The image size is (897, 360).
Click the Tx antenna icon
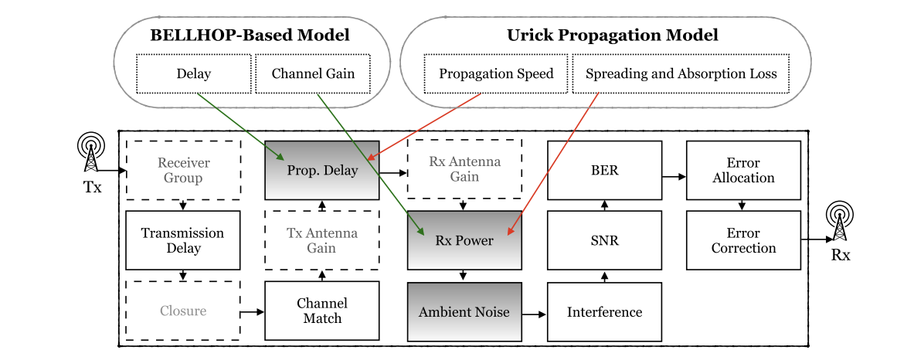coord(91,154)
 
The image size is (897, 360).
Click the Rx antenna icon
coord(841,222)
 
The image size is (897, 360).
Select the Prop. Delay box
coord(321,170)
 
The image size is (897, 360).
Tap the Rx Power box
coord(464,240)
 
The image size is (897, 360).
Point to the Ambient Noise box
coord(464,311)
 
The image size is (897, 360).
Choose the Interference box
coord(604,311)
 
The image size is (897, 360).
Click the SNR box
coord(604,240)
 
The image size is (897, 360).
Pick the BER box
coord(604,170)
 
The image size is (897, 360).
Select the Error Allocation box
coord(743,170)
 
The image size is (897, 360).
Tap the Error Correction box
coord(743,240)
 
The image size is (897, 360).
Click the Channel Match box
coord(321,311)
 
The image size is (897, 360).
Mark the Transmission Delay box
coord(183,240)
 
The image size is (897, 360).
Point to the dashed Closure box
coord(183,311)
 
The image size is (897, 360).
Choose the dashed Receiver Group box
coord(183,170)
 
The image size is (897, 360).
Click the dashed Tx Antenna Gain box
coord(321,240)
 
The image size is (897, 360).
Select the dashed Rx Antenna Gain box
coord(464,170)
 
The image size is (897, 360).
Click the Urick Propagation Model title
coord(612,35)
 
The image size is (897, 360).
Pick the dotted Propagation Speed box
coord(496,74)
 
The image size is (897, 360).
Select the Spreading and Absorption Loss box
coord(681,74)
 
